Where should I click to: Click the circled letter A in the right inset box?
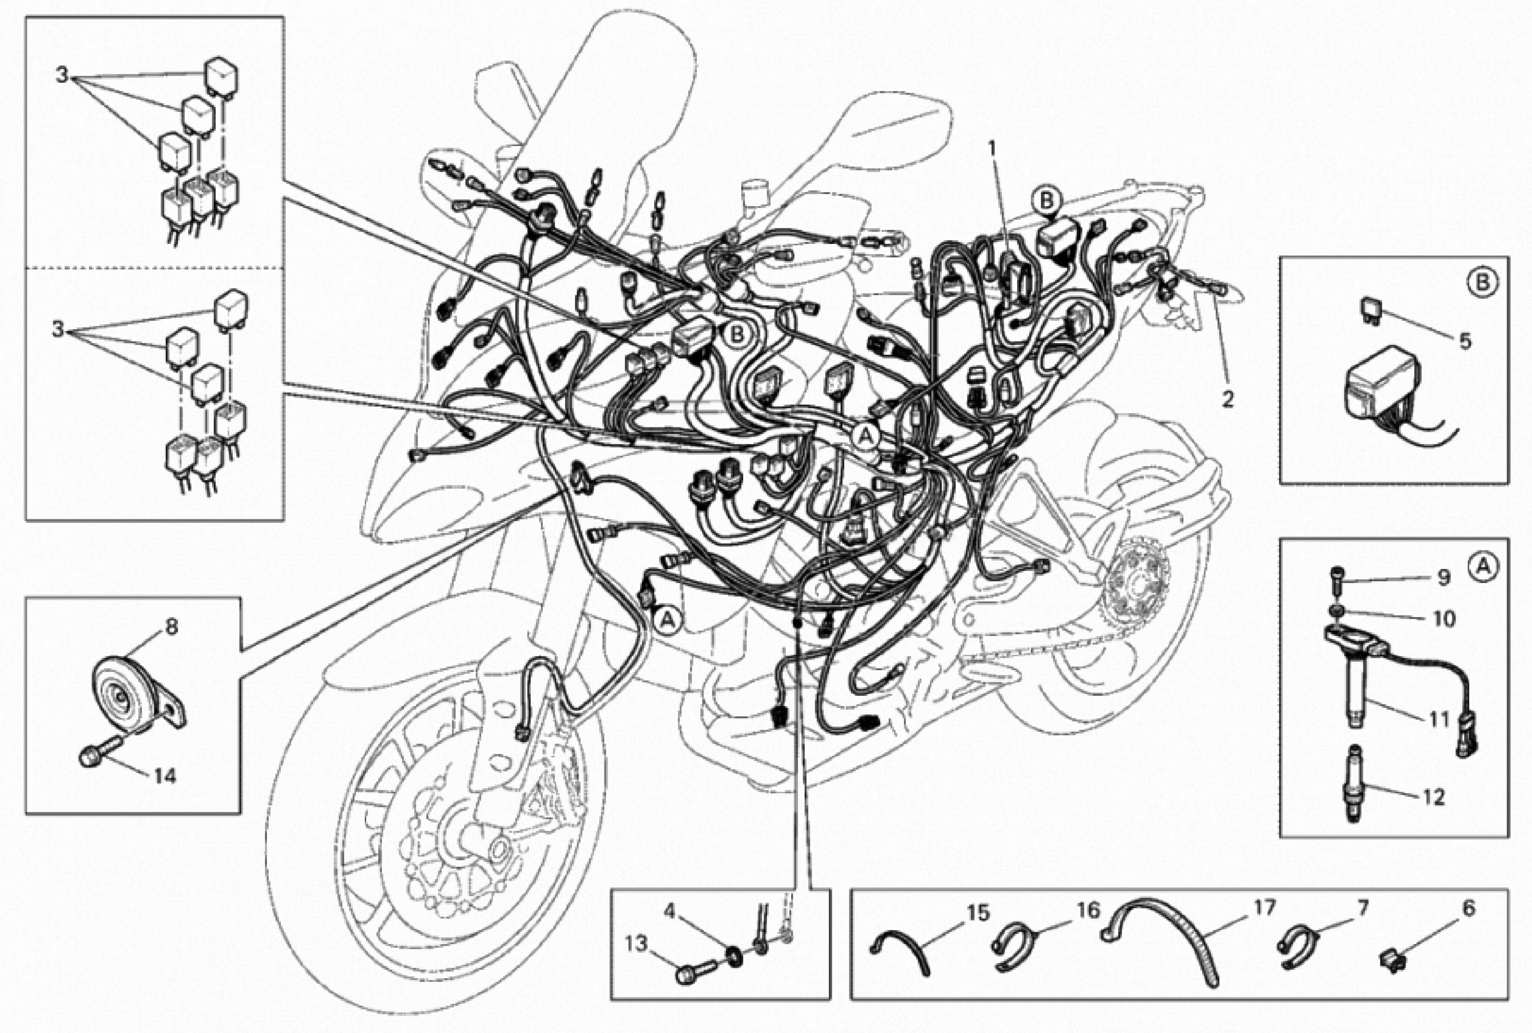coord(1482,566)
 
